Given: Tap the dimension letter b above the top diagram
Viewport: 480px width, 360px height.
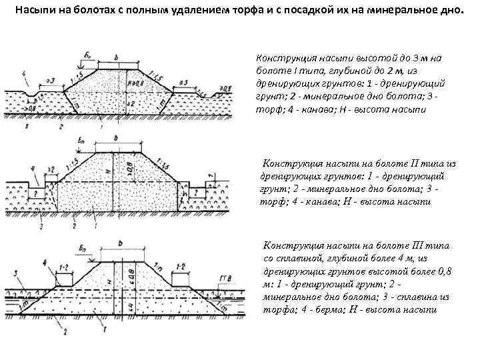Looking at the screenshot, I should point(116,59).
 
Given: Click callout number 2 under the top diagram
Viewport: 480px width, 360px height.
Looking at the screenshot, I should point(61,125).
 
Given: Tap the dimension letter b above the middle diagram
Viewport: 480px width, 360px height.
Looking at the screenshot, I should point(117,137).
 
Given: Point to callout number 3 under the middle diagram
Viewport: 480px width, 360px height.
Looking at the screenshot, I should point(41,227).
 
